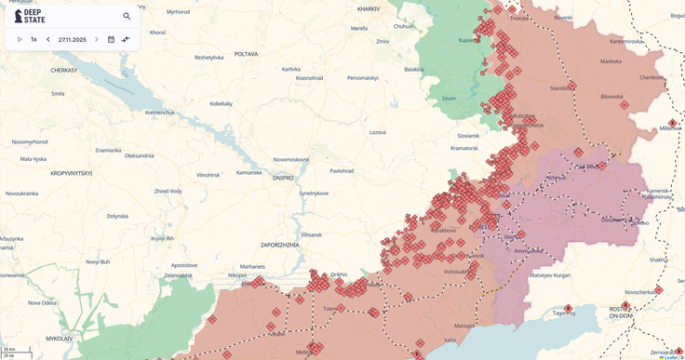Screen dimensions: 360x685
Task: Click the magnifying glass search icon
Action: [x=127, y=16]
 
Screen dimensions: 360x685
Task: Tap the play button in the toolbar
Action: [x=20, y=39]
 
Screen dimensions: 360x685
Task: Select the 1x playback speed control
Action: [x=34, y=39]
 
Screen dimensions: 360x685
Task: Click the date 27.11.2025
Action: [x=72, y=39]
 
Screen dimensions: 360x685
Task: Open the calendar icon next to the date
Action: [x=111, y=39]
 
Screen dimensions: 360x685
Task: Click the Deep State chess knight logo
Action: [x=19, y=16]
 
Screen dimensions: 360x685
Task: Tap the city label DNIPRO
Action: [x=283, y=178]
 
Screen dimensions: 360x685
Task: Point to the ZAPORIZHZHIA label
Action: [x=279, y=244]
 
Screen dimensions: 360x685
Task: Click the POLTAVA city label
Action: [x=246, y=54]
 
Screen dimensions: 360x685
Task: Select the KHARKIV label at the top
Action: [x=369, y=8]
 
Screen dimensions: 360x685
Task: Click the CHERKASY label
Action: [x=64, y=70]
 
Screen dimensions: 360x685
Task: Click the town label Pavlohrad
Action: [x=342, y=170]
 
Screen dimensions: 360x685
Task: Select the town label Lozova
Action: [x=377, y=132]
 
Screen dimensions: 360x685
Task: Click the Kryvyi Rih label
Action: [x=163, y=237]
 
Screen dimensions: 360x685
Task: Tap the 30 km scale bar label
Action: [x=9, y=349]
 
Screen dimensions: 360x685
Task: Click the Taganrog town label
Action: [x=564, y=313]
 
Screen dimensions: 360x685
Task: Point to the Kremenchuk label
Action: [x=159, y=112]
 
